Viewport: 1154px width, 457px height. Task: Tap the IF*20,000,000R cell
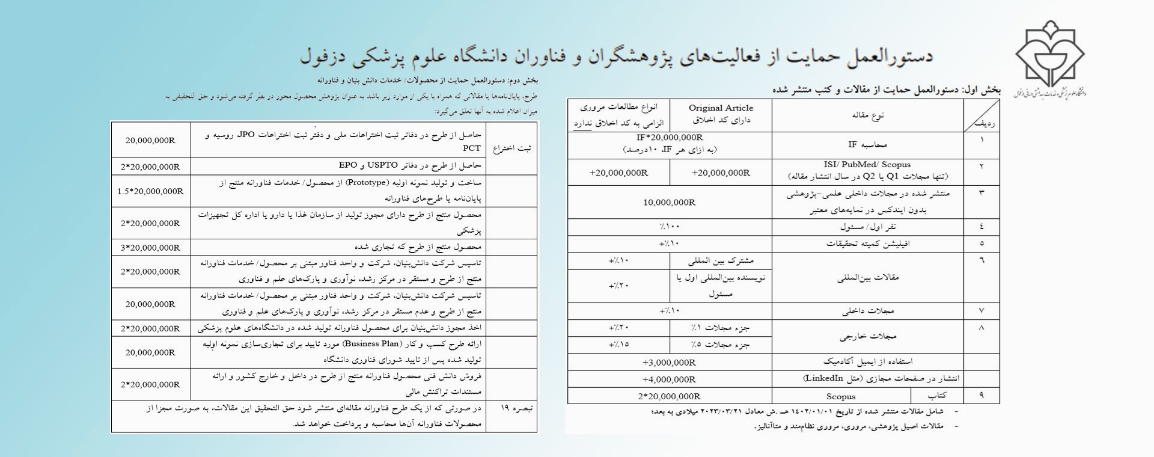(670, 138)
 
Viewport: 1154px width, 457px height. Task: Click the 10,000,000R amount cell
(669, 203)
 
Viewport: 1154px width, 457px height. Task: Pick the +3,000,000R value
(669, 363)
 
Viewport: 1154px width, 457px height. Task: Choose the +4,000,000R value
(669, 379)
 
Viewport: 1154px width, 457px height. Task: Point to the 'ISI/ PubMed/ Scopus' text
(867, 165)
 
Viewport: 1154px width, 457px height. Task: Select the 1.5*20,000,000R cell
(150, 191)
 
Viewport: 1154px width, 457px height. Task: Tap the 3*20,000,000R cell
(150, 248)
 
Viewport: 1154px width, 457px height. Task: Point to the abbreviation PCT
(471, 148)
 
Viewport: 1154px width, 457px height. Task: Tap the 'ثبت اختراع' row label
(511, 149)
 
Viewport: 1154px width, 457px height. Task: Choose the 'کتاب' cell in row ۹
(937, 396)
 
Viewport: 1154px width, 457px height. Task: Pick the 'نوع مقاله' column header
(867, 115)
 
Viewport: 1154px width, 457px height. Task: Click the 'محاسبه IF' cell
(867, 145)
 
